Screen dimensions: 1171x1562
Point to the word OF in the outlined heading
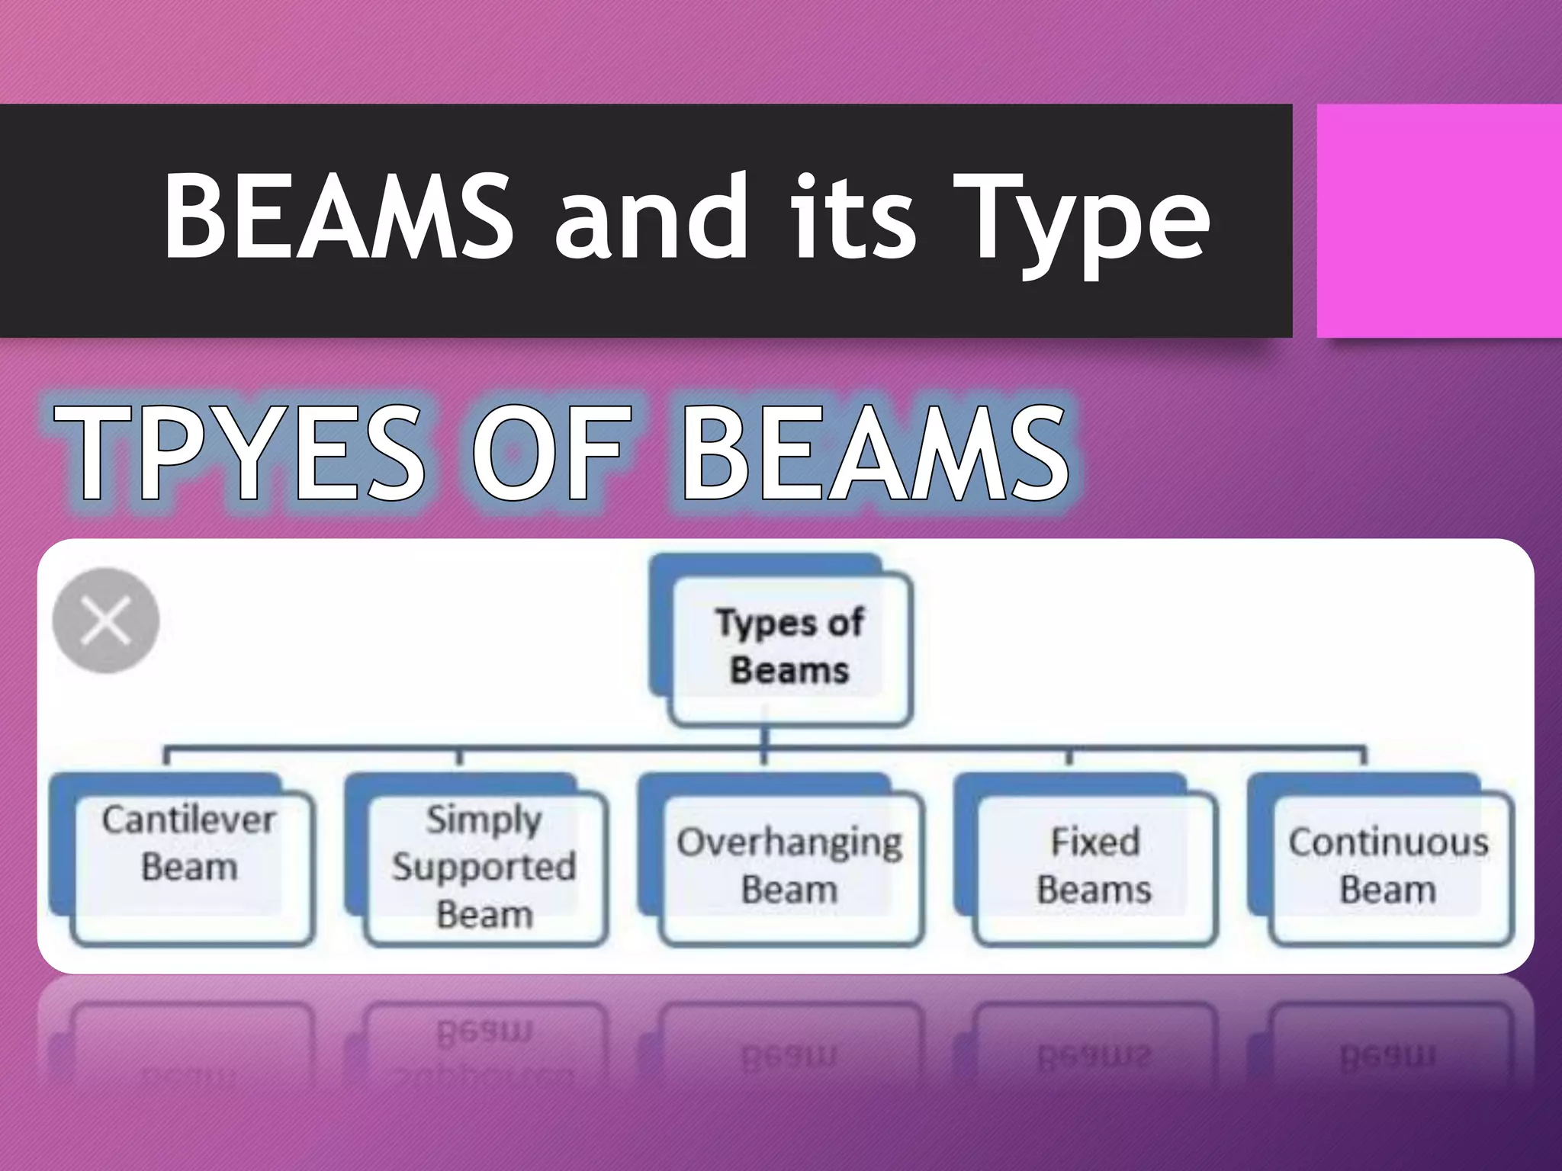(x=551, y=454)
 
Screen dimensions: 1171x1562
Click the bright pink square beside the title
(x=1438, y=221)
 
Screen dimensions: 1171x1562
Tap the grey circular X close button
(x=106, y=621)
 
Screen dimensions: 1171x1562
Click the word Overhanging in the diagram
(x=789, y=843)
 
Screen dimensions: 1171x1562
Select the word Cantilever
(x=188, y=820)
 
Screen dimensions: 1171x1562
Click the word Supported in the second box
(x=484, y=868)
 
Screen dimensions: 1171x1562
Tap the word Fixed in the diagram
(x=1094, y=842)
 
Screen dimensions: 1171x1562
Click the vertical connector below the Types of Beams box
(x=764, y=738)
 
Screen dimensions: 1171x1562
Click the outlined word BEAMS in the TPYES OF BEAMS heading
(x=875, y=454)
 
